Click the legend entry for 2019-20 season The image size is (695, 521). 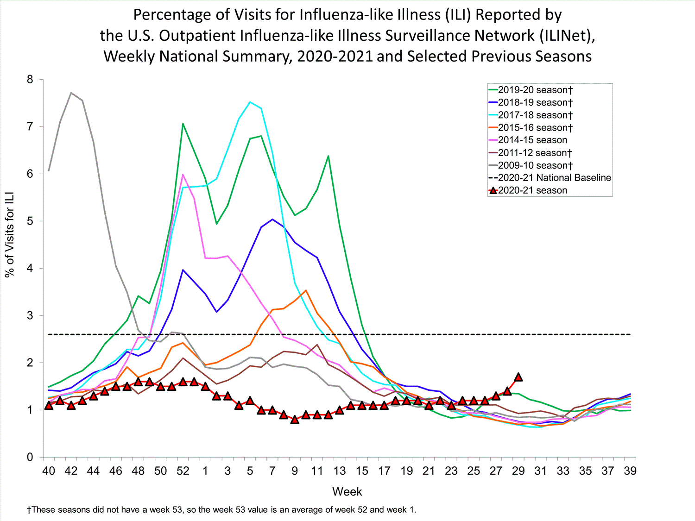point(535,90)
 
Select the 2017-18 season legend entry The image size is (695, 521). point(535,115)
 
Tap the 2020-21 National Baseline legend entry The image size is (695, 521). point(554,178)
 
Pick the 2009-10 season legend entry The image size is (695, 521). point(535,165)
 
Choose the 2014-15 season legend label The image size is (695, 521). point(532,140)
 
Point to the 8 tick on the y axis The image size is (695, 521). point(30,80)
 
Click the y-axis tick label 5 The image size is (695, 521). point(30,221)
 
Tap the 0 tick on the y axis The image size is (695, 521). point(30,458)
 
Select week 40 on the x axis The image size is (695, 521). point(49,471)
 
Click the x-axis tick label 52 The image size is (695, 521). point(183,471)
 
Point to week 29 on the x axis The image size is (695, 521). point(518,471)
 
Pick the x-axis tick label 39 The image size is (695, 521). point(630,471)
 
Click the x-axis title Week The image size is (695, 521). point(347,492)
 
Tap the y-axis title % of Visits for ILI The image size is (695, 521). point(10,234)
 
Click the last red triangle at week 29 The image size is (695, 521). point(518,377)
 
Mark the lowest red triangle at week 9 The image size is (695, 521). point(295,420)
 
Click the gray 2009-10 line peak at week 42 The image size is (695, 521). point(71,93)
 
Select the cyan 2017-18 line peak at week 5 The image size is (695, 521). point(250,102)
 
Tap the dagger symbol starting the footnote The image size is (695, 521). point(29,510)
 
